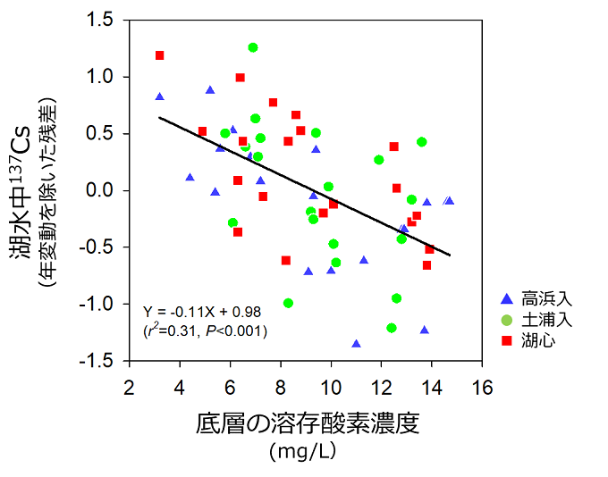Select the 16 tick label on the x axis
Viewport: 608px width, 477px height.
(x=482, y=388)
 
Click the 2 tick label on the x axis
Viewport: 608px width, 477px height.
(x=130, y=388)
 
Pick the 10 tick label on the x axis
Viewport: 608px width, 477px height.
(x=331, y=388)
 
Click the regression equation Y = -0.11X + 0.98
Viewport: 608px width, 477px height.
(x=202, y=311)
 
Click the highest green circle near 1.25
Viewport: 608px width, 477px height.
(x=253, y=47)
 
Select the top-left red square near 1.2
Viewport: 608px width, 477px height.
(x=160, y=55)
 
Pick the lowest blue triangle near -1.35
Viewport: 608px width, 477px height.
(x=356, y=343)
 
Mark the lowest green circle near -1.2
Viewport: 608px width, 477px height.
(x=392, y=328)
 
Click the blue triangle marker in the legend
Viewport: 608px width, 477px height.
(x=507, y=298)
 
